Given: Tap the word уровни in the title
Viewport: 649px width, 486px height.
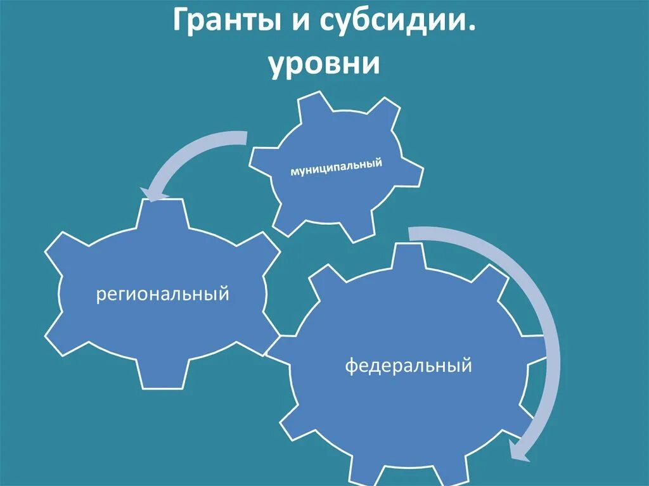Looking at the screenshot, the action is [324, 65].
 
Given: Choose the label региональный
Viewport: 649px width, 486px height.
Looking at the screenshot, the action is [162, 295].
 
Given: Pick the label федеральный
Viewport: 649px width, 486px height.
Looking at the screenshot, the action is [409, 366].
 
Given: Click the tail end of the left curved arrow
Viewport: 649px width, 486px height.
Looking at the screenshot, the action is [244, 136].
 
